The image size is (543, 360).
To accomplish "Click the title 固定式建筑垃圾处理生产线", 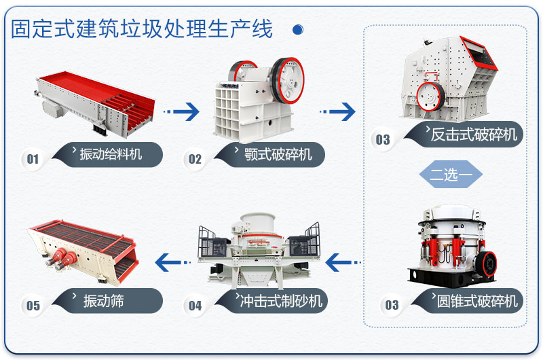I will click(142, 29).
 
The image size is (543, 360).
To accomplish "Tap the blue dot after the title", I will click(297, 30).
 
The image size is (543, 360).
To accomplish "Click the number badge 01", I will click(33, 160).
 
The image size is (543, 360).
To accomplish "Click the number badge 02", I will click(195, 160).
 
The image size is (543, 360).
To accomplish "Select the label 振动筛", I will click(105, 300).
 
